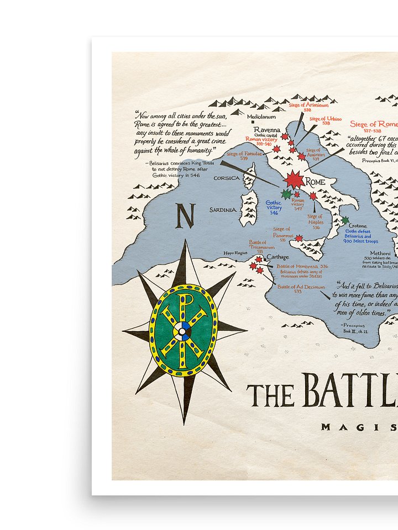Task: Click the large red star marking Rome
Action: (294, 179)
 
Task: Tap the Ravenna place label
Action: (267, 130)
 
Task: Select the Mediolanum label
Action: (261, 117)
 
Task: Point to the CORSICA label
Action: (227, 178)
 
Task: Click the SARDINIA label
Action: (223, 210)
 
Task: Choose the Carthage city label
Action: (278, 257)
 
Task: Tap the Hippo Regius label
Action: (235, 252)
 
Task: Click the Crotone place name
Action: (358, 226)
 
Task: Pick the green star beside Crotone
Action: (345, 220)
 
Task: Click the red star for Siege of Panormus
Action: (299, 239)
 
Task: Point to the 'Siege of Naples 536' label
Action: (315, 221)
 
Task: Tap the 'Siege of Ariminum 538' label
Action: (308, 107)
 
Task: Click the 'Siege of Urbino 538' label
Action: (325, 120)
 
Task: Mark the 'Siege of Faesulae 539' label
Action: (244, 156)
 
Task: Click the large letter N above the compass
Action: (185, 216)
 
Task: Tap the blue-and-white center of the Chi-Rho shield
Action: (182, 331)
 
